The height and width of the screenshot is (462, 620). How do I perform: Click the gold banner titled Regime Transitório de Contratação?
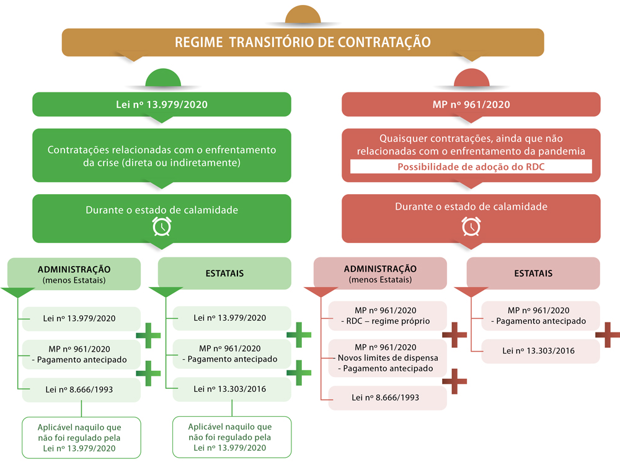tap(303, 42)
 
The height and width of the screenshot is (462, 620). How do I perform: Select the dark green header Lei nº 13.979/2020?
tap(161, 104)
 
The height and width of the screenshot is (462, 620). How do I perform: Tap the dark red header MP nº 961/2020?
tap(471, 104)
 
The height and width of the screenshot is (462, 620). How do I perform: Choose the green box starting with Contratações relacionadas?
tap(161, 156)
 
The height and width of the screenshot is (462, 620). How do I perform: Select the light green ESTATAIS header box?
tap(224, 273)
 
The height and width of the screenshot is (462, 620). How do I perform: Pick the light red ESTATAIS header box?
tap(533, 273)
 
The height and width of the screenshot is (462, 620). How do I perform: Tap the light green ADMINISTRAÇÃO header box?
tap(74, 273)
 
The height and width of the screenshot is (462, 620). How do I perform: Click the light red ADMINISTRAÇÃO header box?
tap(379, 273)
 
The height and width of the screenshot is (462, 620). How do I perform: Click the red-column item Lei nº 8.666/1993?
tap(387, 397)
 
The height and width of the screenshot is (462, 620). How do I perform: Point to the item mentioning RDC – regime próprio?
tap(387, 316)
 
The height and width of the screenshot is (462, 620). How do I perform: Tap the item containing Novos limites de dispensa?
tap(387, 358)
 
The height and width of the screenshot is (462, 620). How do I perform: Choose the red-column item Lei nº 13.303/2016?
tap(538, 351)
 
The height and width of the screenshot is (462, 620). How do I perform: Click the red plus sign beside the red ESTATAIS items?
tap(607, 335)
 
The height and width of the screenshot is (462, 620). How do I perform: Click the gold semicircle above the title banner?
tap(303, 16)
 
